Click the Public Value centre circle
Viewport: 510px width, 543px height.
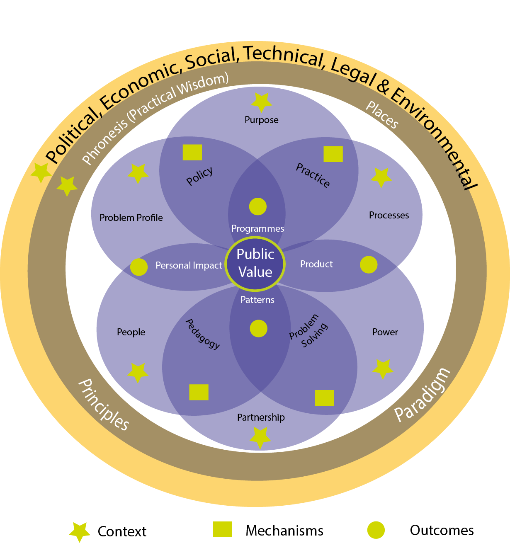point(255,263)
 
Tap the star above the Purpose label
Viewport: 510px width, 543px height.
point(262,102)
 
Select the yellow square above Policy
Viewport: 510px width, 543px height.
point(192,152)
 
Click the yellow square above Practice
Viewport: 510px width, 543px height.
point(333,154)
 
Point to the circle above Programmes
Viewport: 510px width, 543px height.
point(257,206)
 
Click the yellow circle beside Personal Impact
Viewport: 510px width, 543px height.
point(139,267)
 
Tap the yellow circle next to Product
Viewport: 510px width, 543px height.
point(369,264)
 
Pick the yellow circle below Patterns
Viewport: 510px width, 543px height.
point(259,328)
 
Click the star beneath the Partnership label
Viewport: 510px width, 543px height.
point(260,437)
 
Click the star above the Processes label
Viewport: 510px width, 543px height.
point(381,177)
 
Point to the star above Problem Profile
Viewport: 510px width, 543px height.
point(138,173)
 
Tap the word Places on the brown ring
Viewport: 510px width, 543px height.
point(382,115)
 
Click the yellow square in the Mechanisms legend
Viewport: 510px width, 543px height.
point(222,529)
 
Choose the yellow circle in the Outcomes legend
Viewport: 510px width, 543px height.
point(376,530)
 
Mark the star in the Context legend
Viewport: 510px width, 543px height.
point(79,531)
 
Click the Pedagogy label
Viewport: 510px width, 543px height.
point(202,334)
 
